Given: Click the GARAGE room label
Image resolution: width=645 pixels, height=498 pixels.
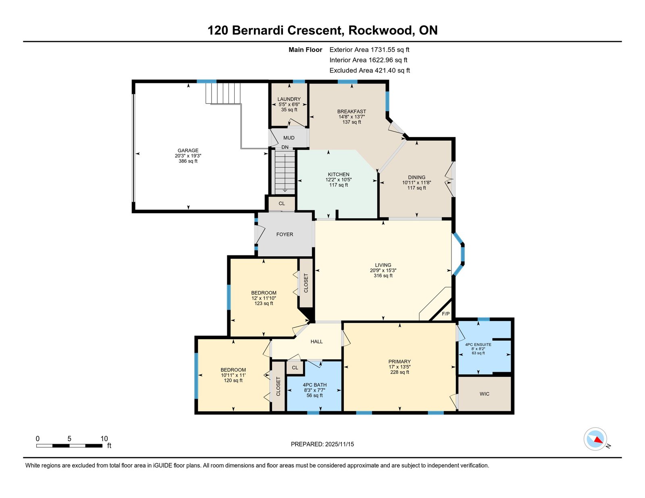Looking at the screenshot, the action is [188, 151].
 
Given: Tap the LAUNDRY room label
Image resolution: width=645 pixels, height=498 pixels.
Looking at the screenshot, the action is [289, 99].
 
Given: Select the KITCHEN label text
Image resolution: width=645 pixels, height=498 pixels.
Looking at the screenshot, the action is [338, 174].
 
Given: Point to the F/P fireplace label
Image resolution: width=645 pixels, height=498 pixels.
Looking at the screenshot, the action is [445, 314].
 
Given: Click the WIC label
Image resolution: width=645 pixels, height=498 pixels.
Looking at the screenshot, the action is [484, 394].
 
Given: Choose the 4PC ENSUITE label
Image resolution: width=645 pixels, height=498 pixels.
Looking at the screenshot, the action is [478, 344].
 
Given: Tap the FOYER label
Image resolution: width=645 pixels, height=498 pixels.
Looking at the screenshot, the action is [285, 234].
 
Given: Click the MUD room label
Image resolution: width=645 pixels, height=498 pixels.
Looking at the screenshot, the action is [289, 138].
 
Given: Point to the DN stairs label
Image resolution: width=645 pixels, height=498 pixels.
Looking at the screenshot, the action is [285, 147].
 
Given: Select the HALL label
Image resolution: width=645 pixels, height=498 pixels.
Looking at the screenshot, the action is [316, 342].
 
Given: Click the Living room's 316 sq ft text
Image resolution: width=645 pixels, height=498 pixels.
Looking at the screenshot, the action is [383, 276].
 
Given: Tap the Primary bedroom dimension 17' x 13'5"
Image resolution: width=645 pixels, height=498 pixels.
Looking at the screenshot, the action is [399, 367].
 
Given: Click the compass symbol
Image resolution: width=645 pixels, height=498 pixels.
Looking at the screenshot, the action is [595, 439].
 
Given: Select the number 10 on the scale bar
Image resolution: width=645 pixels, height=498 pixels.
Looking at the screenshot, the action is [104, 439].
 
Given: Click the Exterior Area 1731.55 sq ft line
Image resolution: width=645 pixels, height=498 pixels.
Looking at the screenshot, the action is [369, 50].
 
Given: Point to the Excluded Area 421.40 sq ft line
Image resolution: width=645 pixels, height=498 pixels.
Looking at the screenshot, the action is [370, 71].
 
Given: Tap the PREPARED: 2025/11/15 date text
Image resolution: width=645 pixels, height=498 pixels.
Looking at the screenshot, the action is [322, 444].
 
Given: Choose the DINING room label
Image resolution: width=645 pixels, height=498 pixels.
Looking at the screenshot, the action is [416, 177].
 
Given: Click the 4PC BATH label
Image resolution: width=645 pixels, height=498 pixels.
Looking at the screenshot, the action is [314, 385].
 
